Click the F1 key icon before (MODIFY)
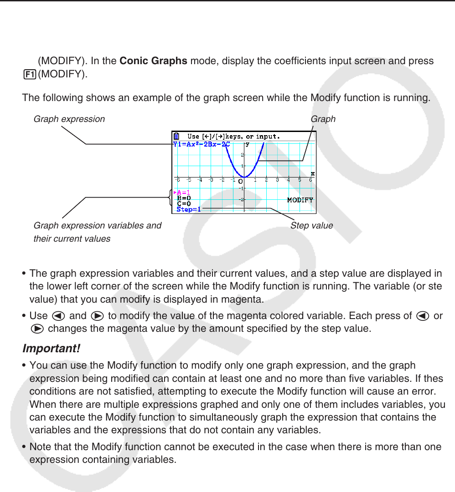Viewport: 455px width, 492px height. point(29,74)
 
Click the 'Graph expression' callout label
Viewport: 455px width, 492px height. point(69,119)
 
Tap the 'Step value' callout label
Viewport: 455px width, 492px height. point(311,225)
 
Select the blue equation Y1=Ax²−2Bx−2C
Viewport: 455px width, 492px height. point(201,144)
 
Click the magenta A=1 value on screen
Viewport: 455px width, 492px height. point(183,193)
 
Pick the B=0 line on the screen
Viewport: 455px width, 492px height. point(184,198)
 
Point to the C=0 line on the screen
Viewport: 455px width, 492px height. point(184,204)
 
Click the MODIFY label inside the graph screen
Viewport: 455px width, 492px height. point(300,200)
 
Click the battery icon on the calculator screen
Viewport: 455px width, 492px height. point(176,136)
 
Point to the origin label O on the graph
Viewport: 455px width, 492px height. point(240,182)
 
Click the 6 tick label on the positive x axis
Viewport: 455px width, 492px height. point(311,180)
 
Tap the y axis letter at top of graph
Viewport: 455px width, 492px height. point(248,144)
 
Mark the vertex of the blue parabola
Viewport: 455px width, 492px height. point(244,177)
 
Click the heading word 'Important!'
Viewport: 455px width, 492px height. point(52,349)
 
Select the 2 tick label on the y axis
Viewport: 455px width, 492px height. point(242,155)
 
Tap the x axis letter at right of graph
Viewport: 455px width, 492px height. point(312,173)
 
